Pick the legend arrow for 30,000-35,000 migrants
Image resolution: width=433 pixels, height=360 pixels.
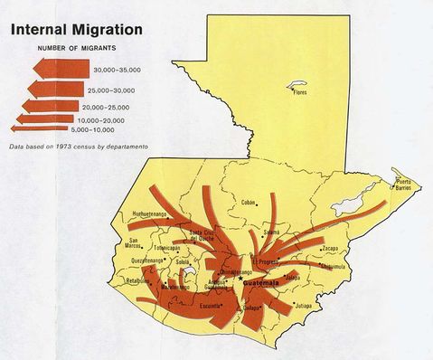55,69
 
